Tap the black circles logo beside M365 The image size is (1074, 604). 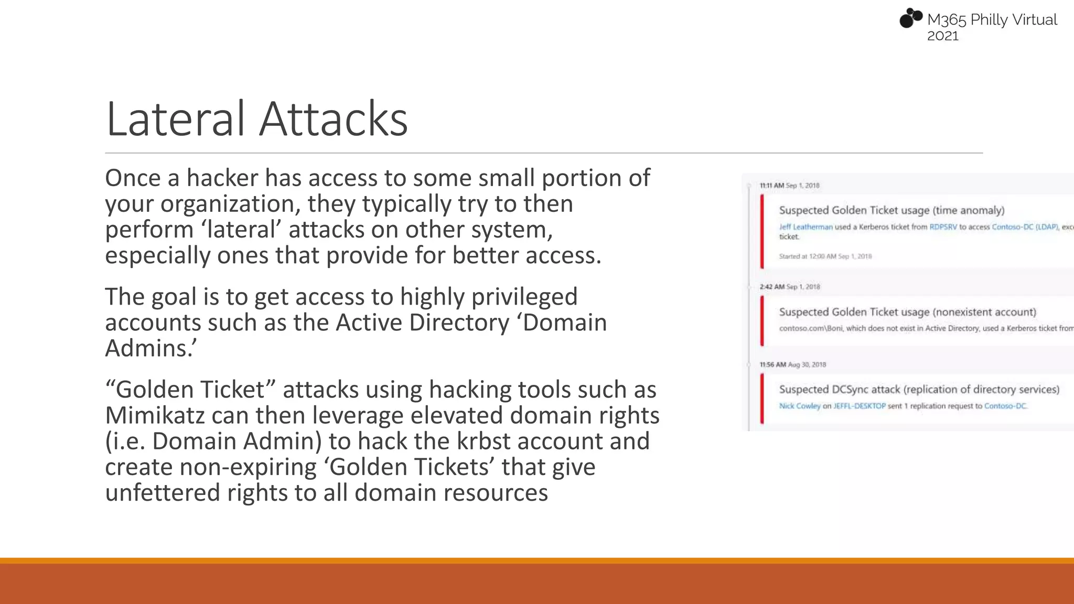tap(910, 18)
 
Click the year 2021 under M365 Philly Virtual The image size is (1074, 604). tap(942, 36)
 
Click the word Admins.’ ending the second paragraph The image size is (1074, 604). tap(151, 349)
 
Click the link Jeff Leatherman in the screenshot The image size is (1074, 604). tap(805, 227)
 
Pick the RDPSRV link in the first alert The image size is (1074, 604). tap(943, 227)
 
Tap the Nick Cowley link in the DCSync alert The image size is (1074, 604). tap(799, 406)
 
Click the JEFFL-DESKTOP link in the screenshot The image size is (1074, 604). tap(859, 406)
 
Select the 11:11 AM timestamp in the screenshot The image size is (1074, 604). tap(771, 186)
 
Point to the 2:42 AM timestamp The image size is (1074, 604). tap(772, 287)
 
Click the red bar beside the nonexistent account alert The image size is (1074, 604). tap(762, 321)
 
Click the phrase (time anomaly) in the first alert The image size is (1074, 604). tap(969, 210)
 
